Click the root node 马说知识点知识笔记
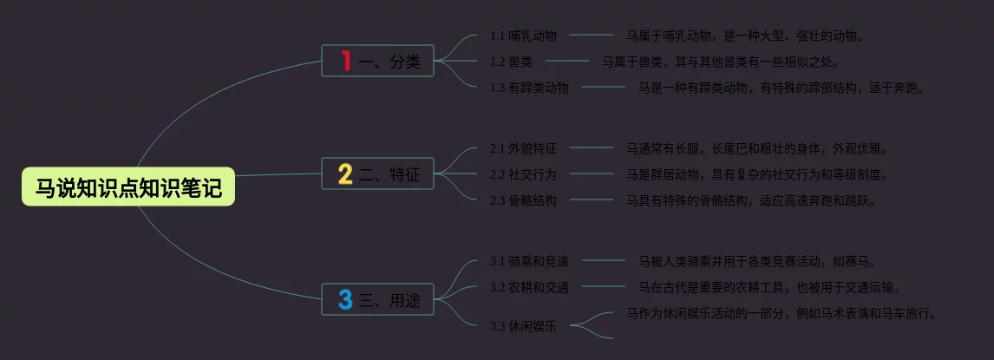click(128, 187)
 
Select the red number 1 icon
click(345, 61)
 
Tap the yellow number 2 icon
click(345, 175)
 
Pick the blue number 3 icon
click(345, 300)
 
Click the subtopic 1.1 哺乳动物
click(523, 36)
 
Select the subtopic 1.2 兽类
click(511, 62)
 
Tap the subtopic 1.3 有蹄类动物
click(529, 88)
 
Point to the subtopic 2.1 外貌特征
click(523, 148)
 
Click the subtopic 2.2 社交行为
click(523, 174)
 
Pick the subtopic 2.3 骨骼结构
click(523, 200)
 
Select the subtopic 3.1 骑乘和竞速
click(529, 261)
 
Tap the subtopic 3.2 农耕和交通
click(529, 287)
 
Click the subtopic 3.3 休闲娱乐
click(523, 327)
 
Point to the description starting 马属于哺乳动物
click(745, 36)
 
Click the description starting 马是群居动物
click(757, 174)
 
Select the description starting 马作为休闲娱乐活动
click(781, 313)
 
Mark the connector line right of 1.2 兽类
click(566, 61)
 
